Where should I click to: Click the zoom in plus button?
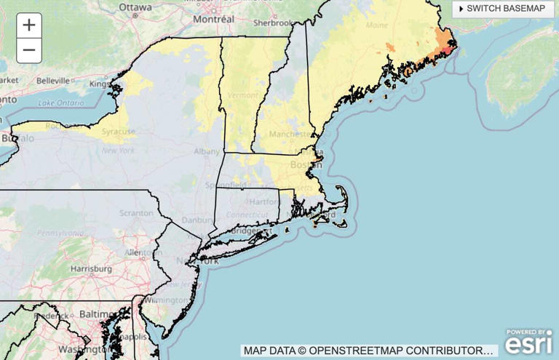click(29, 25)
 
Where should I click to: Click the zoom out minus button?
click(29, 50)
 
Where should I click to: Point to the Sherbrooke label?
click(272, 23)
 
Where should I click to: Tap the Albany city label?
click(207, 151)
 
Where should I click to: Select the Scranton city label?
click(138, 213)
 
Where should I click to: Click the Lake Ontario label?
click(61, 103)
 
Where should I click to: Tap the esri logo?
click(528, 342)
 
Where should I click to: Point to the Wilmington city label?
click(166, 300)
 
